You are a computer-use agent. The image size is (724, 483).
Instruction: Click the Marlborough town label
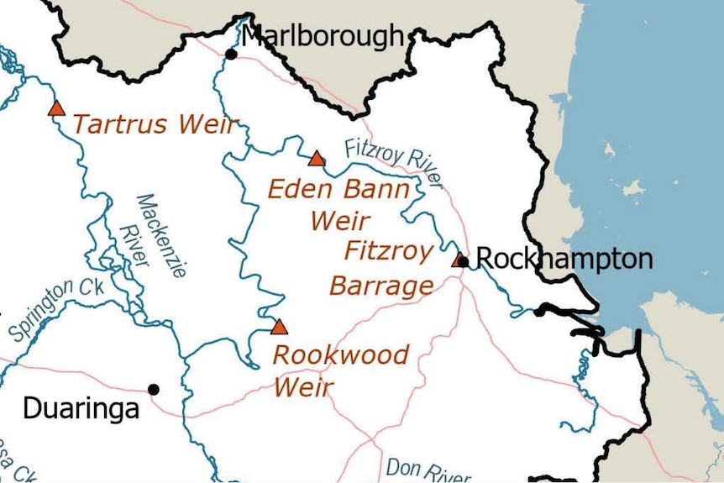click(323, 37)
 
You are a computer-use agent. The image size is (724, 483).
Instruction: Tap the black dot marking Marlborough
click(231, 55)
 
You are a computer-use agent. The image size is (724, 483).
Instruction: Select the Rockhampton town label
click(564, 259)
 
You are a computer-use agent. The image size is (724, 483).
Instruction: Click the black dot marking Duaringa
click(154, 389)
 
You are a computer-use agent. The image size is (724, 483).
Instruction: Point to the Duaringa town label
click(81, 409)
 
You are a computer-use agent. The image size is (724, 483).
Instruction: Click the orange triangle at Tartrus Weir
click(56, 108)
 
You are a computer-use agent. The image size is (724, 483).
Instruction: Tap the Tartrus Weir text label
click(155, 125)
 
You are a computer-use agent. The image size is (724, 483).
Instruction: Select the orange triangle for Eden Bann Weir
click(316, 159)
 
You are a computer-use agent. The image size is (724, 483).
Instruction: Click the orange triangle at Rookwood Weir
click(279, 327)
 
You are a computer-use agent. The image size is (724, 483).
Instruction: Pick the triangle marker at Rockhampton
click(459, 260)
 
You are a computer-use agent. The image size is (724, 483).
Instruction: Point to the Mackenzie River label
click(143, 236)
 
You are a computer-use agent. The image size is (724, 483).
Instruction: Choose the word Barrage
click(381, 286)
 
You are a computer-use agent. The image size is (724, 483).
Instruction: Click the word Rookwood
click(341, 355)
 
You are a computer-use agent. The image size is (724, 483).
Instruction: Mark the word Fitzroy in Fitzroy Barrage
click(389, 251)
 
